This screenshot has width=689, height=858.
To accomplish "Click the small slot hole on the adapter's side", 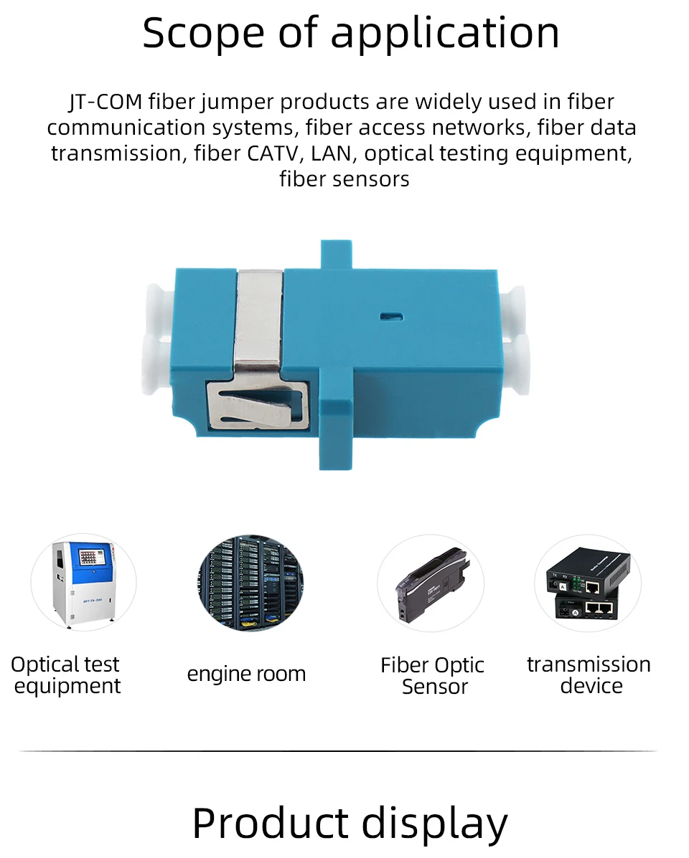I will pyautogui.click(x=391, y=314).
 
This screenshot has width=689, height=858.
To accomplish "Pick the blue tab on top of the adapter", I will pyautogui.click(x=339, y=254).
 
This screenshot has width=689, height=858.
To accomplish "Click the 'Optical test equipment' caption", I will pyautogui.click(x=66, y=675).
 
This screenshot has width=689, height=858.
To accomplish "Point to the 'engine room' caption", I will pyautogui.click(x=246, y=674).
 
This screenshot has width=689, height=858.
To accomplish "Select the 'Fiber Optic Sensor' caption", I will pyautogui.click(x=433, y=676).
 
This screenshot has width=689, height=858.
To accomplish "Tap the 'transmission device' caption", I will pyautogui.click(x=589, y=675).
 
